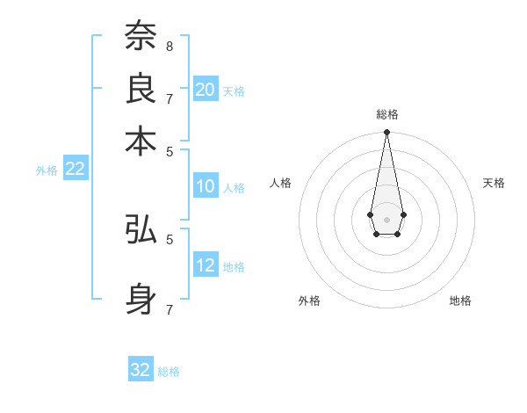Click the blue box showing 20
click(206, 89)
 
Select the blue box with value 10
click(206, 185)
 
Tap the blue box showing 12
click(206, 264)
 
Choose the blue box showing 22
click(75, 169)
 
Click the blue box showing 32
click(141, 370)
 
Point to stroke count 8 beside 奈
click(169, 45)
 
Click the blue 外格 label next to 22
click(47, 170)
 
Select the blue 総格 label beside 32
click(169, 372)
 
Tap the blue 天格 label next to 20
click(234, 91)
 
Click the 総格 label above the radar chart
click(386, 114)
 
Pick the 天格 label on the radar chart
click(494, 183)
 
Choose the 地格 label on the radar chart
click(460, 301)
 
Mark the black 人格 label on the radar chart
click(281, 183)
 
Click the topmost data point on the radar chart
click(386, 133)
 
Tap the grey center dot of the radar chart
click(386, 218)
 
